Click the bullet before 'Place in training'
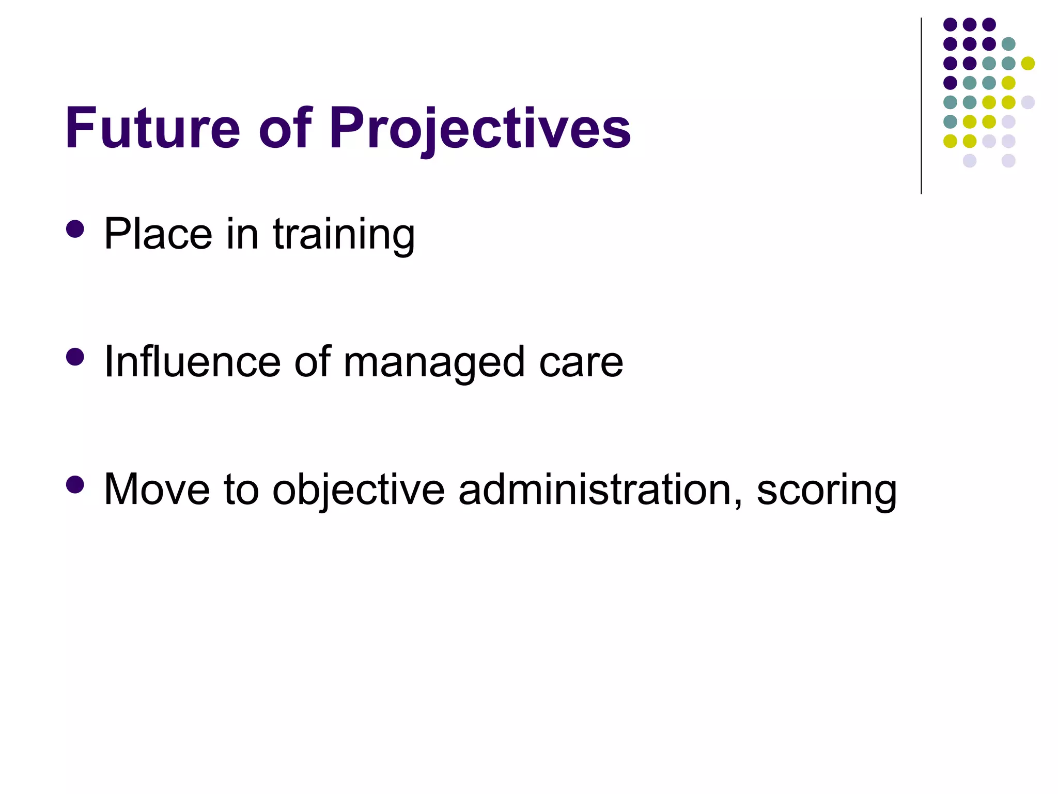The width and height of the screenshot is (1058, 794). pyautogui.click(x=75, y=229)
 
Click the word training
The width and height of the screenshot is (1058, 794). pyautogui.click(x=344, y=235)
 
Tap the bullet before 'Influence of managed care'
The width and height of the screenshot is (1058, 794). pyautogui.click(x=75, y=357)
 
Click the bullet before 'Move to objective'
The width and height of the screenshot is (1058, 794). pyautogui.click(x=75, y=484)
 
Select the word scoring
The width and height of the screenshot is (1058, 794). pyautogui.click(x=826, y=491)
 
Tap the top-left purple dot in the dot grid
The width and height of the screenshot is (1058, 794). pyautogui.click(x=950, y=24)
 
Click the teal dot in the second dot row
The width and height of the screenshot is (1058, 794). pyautogui.click(x=1008, y=44)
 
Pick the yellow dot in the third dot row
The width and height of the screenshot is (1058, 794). pyautogui.click(x=1028, y=63)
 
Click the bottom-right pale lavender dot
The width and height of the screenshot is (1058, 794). pyautogui.click(x=1008, y=161)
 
